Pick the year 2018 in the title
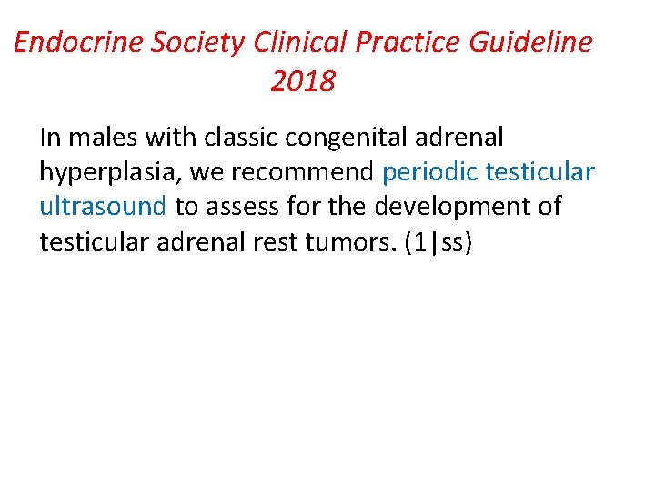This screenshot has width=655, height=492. click(x=303, y=82)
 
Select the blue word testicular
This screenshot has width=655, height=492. click(x=541, y=172)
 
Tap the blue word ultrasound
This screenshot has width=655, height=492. click(x=103, y=207)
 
